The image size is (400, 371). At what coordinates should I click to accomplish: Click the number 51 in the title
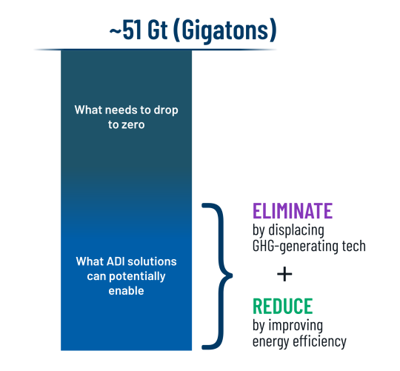[x=132, y=30]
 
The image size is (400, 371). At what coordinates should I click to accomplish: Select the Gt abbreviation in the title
[x=158, y=30]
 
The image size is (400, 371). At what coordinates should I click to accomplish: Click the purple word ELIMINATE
[x=293, y=210]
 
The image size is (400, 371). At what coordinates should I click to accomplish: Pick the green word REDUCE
[x=283, y=306]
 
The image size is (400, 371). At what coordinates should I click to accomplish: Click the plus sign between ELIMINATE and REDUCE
[x=284, y=274]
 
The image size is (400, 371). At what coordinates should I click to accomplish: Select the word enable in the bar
[x=126, y=291]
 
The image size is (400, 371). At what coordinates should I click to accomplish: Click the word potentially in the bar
[x=137, y=277]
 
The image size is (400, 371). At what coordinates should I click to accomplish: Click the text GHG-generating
[x=296, y=247]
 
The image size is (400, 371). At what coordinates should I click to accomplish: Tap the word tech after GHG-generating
[x=354, y=246]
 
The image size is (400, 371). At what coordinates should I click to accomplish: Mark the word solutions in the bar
[x=152, y=261]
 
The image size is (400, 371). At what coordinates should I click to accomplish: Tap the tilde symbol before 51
[x=116, y=31]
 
